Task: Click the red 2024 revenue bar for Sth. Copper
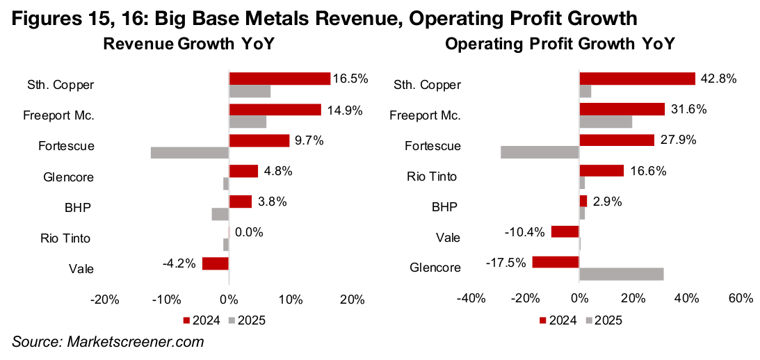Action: pyautogui.click(x=280, y=79)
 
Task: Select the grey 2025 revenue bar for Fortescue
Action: pyautogui.click(x=190, y=152)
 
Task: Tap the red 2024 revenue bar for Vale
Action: pyautogui.click(x=216, y=263)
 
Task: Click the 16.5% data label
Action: pyautogui.click(x=348, y=79)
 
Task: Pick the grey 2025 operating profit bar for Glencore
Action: pyautogui.click(x=621, y=274)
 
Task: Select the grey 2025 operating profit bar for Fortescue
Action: pyautogui.click(x=540, y=152)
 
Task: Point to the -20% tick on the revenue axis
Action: pyautogui.click(x=105, y=300)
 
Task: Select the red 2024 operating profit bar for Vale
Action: pyautogui.click(x=565, y=231)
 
